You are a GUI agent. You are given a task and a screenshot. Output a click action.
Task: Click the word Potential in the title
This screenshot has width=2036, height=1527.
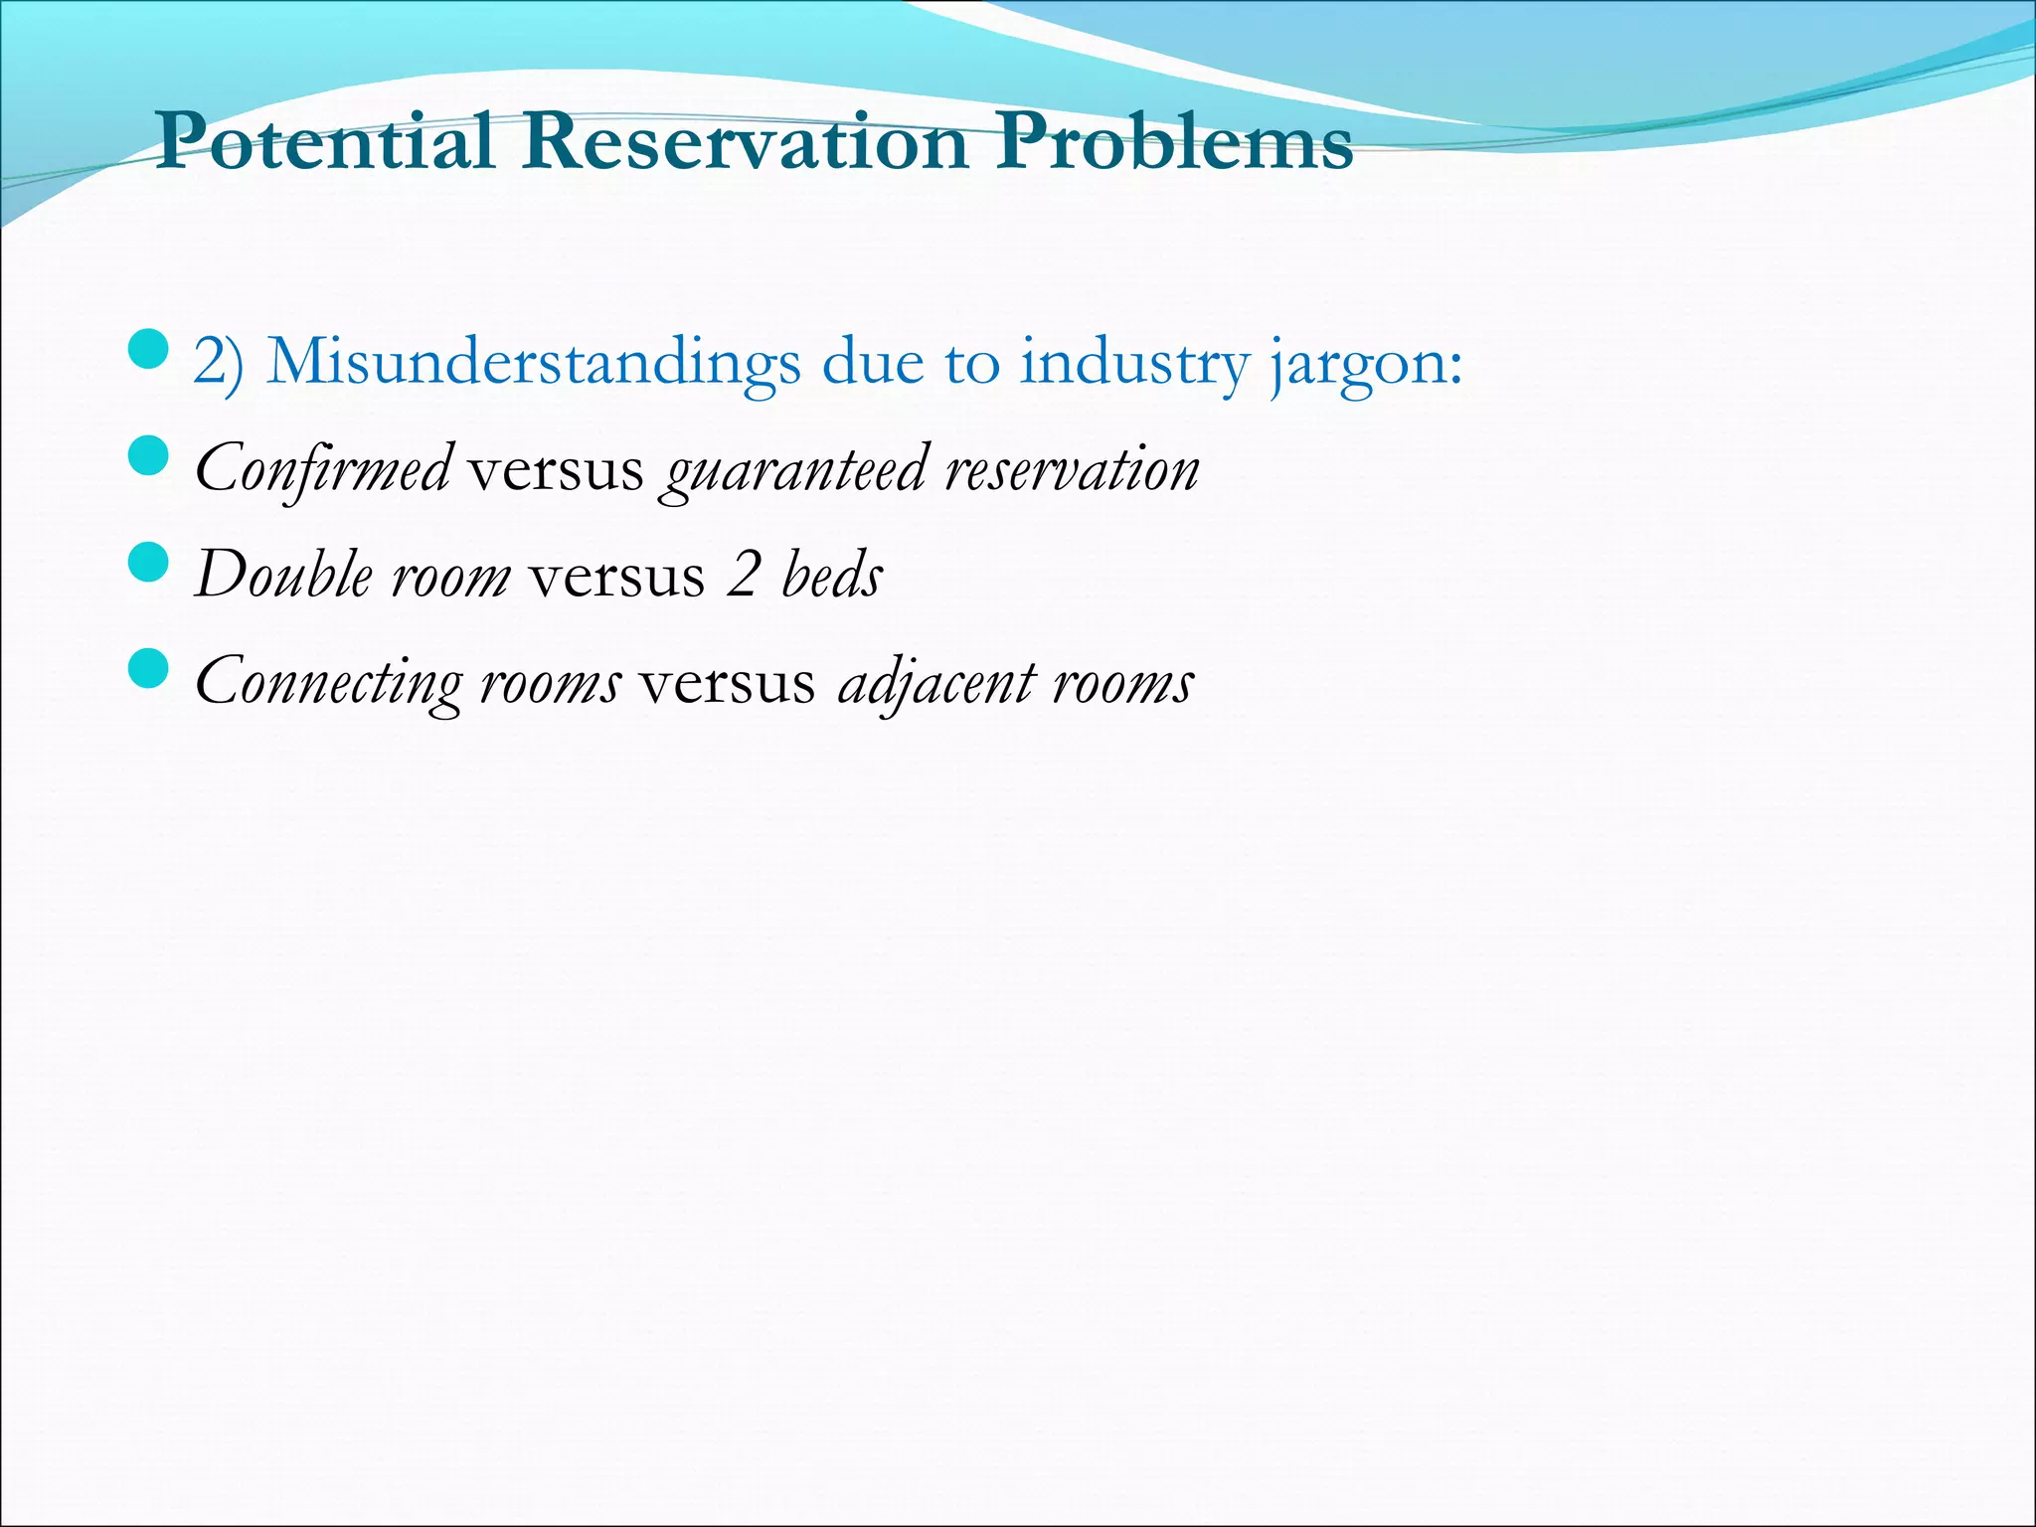[324, 141]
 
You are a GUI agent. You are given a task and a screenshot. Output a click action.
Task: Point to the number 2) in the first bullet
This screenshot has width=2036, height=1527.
[218, 362]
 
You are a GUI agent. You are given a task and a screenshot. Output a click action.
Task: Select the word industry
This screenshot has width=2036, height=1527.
[1133, 364]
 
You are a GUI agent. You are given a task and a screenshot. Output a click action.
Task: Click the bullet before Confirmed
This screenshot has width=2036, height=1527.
[148, 457]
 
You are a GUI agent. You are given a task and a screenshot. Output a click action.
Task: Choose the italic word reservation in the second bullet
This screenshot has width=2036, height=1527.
[1072, 469]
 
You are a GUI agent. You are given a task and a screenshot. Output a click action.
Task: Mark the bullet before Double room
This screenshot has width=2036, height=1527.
[148, 564]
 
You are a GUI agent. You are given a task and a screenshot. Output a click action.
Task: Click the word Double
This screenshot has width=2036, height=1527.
[283, 575]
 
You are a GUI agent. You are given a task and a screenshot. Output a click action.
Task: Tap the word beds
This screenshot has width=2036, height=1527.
[832, 575]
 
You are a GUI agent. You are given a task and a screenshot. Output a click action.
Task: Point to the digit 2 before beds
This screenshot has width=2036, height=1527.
[743, 575]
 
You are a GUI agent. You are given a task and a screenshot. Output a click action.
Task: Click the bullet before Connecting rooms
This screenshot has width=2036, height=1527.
[148, 669]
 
